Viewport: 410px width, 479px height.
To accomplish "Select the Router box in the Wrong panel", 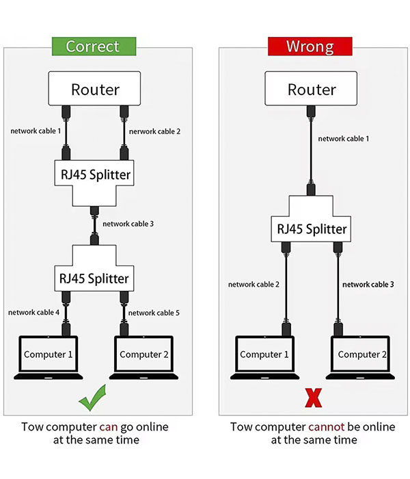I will [312, 89].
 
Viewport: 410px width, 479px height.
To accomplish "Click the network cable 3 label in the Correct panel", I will [127, 224].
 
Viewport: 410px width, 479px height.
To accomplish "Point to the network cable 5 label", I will [154, 313].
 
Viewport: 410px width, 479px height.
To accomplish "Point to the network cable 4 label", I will [34, 313].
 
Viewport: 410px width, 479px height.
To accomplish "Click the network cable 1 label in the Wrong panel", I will [344, 139].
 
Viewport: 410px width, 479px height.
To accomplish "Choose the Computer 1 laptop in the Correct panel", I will [49, 357].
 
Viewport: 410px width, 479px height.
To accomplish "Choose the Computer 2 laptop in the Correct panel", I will [143, 357].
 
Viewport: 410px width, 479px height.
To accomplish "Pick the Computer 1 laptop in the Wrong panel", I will [264, 357].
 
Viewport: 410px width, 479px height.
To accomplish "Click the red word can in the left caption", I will [109, 427].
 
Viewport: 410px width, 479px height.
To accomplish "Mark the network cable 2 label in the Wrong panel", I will [254, 284].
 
